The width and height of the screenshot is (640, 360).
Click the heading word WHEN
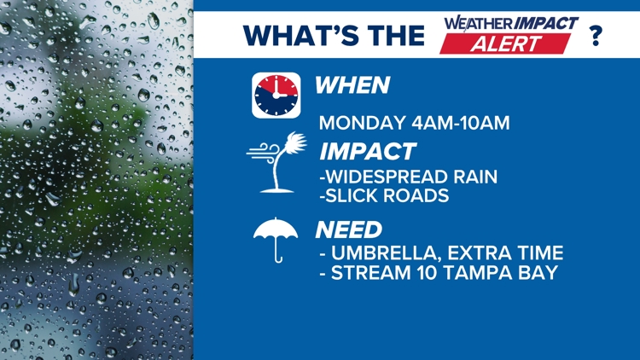(x=352, y=85)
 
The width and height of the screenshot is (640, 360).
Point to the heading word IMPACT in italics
(x=368, y=153)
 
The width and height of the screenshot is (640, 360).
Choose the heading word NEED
(x=349, y=229)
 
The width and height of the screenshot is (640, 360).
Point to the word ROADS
(x=421, y=197)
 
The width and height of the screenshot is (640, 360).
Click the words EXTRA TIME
(x=519, y=253)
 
